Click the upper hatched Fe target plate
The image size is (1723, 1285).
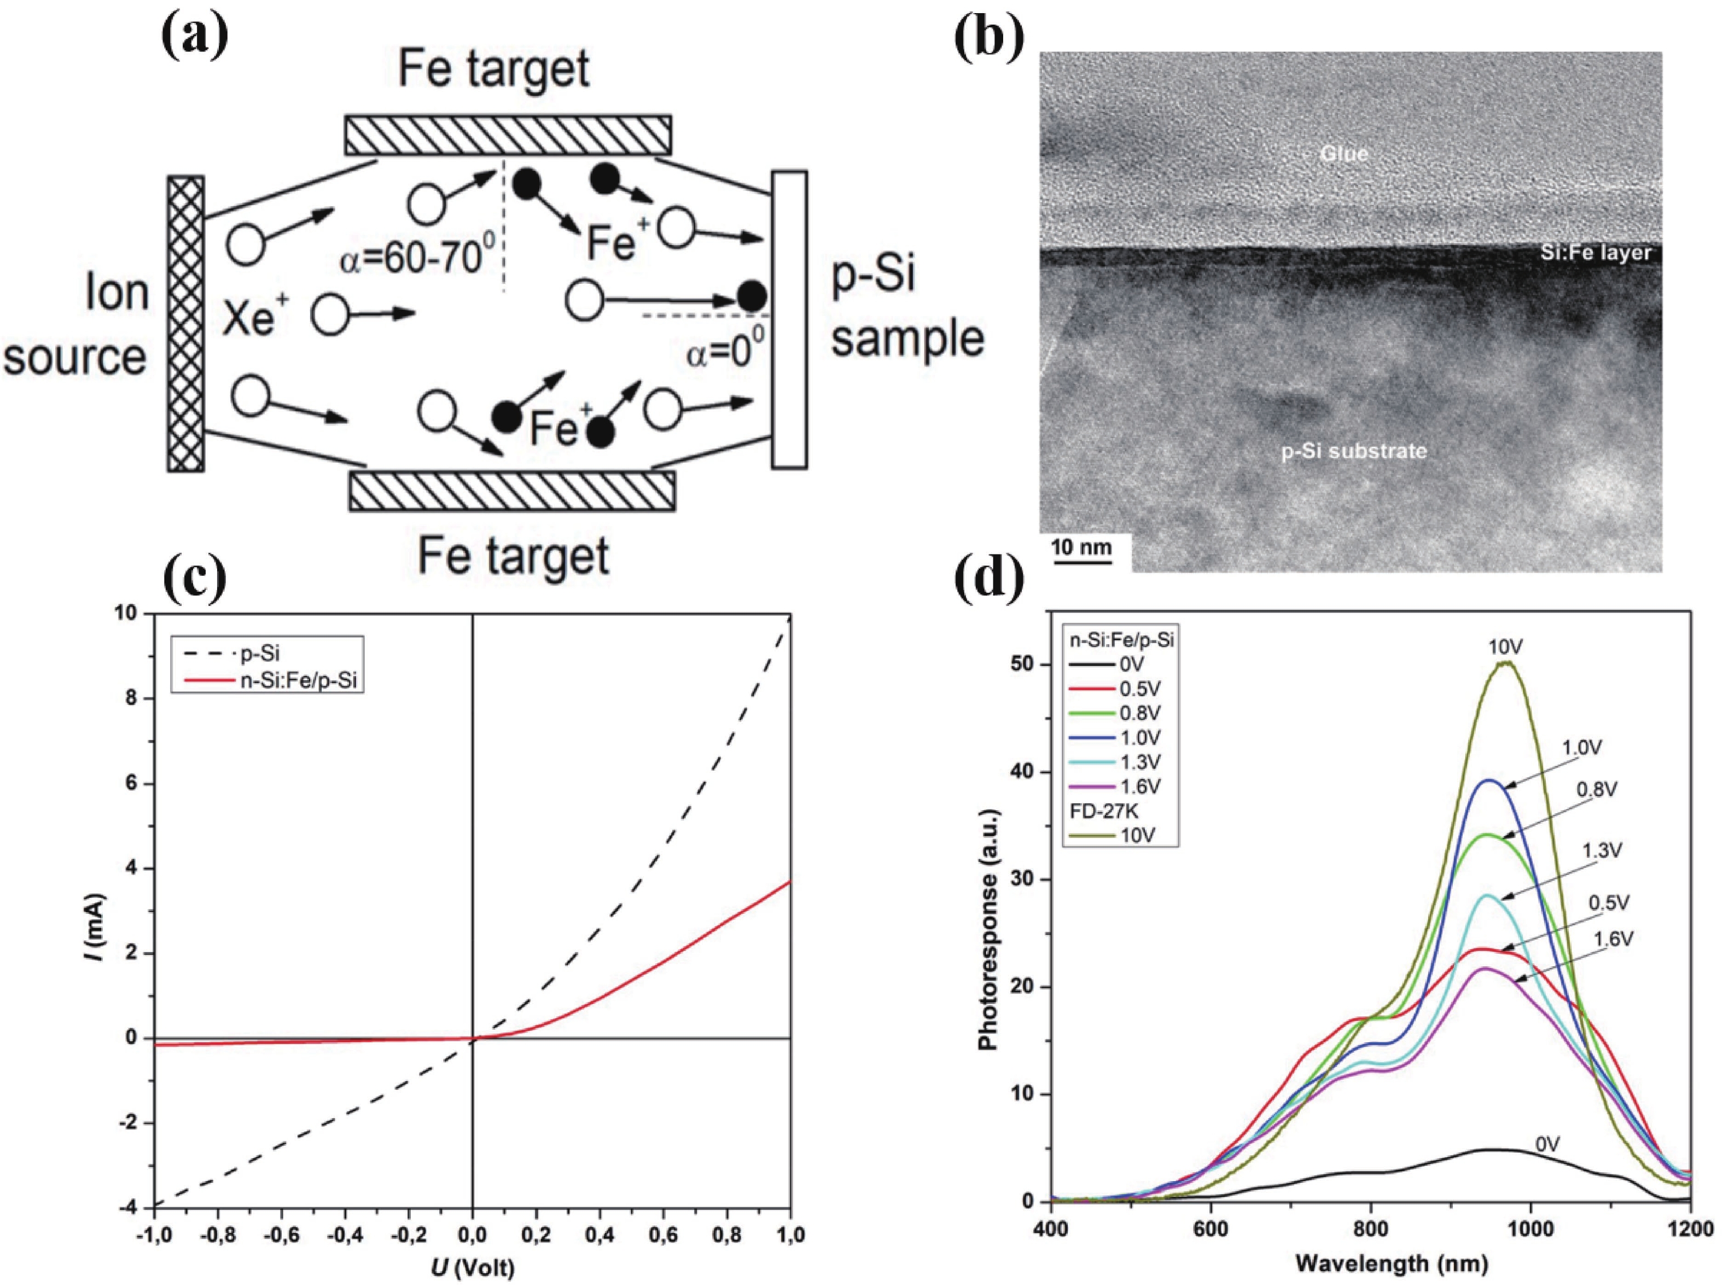click(x=507, y=135)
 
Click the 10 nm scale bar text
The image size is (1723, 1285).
click(x=1081, y=547)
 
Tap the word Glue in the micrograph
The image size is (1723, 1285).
click(x=1343, y=154)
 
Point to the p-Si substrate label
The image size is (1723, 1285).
click(x=1353, y=451)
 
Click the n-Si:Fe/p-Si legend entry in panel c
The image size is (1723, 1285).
click(x=300, y=681)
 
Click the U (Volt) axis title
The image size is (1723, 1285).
click(x=472, y=1269)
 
